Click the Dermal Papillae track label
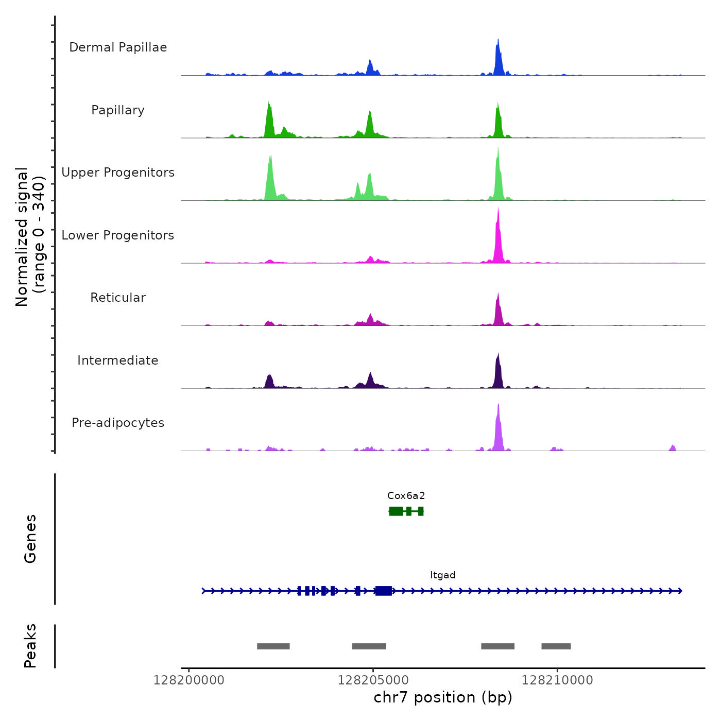pos(118,47)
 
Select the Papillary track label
pos(118,110)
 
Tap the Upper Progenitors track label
pos(118,173)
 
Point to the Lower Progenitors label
pos(118,235)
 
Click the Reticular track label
pos(118,298)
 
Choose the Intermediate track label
pos(118,360)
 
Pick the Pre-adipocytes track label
pos(118,423)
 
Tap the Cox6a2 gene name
pos(406,496)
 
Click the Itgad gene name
pos(443,575)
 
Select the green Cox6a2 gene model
pos(406,511)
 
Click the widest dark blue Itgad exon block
pos(384,591)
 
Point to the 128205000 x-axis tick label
pos(373,680)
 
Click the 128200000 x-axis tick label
pos(189,680)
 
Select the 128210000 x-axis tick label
pos(557,680)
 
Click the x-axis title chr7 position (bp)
pos(443,697)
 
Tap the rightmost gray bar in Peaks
pos(556,646)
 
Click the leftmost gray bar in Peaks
pos(273,646)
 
